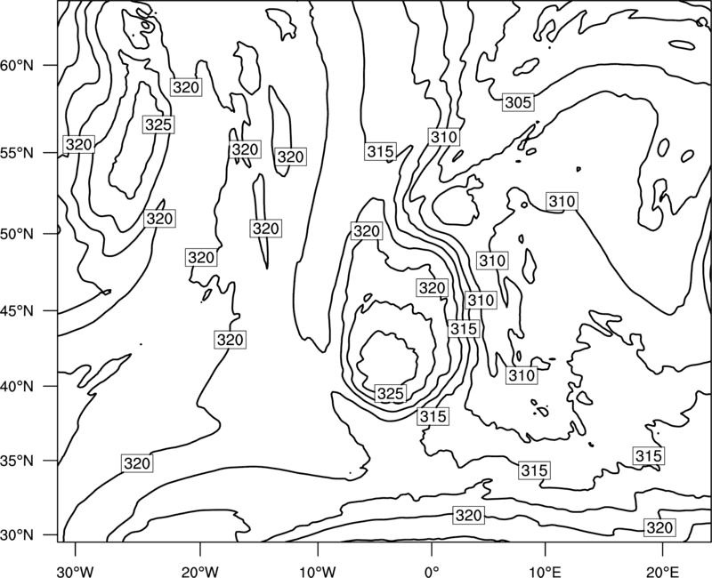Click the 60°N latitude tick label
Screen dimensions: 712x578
click(17, 66)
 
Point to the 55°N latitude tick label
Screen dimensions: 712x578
click(17, 153)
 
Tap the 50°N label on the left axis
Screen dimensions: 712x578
click(17, 234)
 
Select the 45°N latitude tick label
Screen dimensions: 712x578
click(17, 311)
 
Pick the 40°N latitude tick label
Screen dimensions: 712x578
click(17, 387)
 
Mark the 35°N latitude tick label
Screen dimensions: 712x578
click(17, 461)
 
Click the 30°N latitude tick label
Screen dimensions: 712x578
click(17, 535)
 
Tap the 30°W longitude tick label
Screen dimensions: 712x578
click(76, 572)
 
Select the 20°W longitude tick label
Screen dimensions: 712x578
click(200, 572)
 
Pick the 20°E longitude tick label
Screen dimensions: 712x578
click(662, 572)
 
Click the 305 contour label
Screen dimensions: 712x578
click(518, 103)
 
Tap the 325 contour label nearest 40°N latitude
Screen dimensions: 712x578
click(391, 393)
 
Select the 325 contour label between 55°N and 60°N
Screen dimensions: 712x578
click(158, 124)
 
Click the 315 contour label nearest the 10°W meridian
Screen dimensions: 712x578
click(381, 151)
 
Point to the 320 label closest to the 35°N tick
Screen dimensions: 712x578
click(137, 463)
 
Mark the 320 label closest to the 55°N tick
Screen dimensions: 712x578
click(79, 145)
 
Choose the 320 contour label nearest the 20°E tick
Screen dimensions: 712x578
click(659, 527)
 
